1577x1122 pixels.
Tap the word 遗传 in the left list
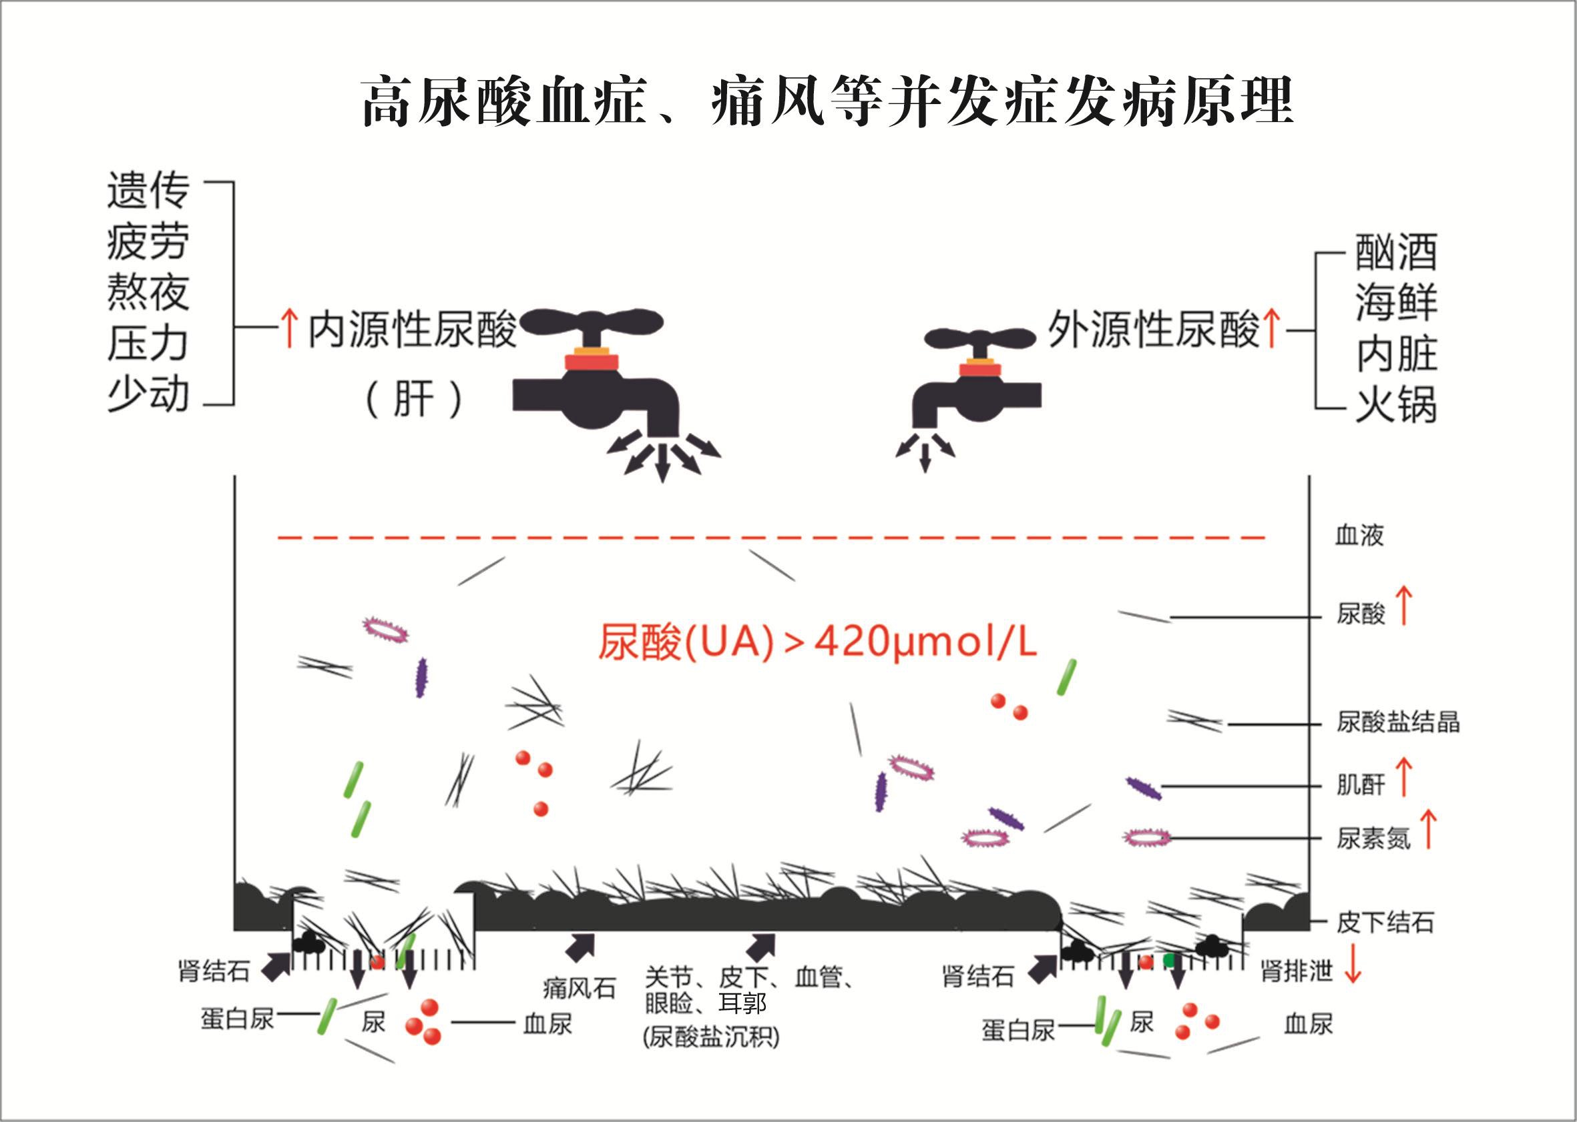point(148,191)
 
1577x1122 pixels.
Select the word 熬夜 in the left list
point(148,293)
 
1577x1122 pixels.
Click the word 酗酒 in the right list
point(1396,252)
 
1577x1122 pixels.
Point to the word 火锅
point(1396,405)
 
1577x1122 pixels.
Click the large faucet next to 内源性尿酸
point(595,373)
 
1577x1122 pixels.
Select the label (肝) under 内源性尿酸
point(413,400)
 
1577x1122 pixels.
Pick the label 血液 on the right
point(1359,536)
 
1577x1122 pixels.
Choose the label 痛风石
point(580,989)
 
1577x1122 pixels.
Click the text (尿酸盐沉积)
point(711,1037)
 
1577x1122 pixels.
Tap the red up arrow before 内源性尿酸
point(289,329)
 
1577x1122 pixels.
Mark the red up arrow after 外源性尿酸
point(1271,329)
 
